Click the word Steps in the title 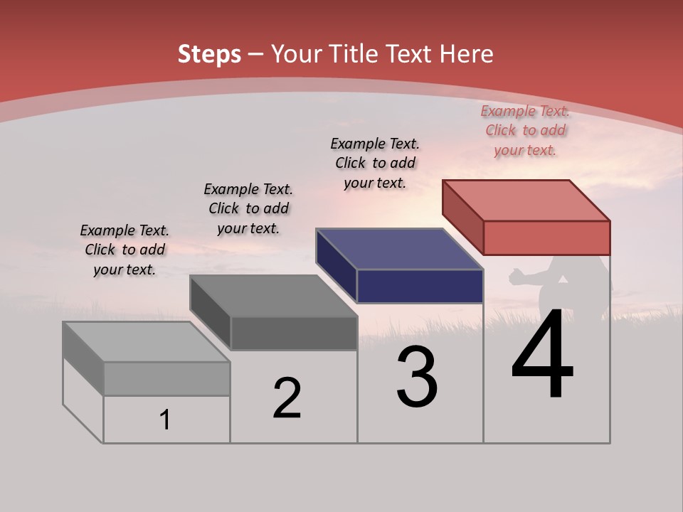[209, 54]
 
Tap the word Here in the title [467, 54]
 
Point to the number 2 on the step [287, 398]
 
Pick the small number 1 [165, 420]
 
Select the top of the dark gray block [273, 296]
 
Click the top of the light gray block [147, 342]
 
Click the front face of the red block [546, 238]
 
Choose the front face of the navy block [420, 286]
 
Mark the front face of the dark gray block [293, 333]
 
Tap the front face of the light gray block [166, 378]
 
